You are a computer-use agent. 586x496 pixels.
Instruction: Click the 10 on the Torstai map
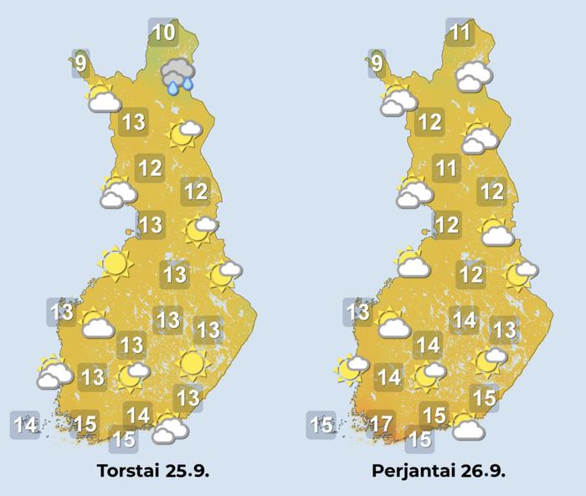(164, 33)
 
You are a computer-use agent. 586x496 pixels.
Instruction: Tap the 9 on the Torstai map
(80, 64)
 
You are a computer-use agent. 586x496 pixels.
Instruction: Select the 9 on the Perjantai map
(377, 64)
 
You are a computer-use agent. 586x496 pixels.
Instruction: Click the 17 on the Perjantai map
(382, 425)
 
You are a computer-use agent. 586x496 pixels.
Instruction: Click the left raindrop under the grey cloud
(172, 87)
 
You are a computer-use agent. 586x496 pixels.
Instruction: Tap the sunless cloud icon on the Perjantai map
(474, 76)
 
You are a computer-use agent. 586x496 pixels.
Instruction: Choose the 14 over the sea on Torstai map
(25, 425)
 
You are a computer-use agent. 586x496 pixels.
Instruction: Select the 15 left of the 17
(321, 425)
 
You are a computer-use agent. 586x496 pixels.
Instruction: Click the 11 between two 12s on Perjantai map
(446, 168)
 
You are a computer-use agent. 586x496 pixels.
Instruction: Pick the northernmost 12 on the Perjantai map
(429, 123)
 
